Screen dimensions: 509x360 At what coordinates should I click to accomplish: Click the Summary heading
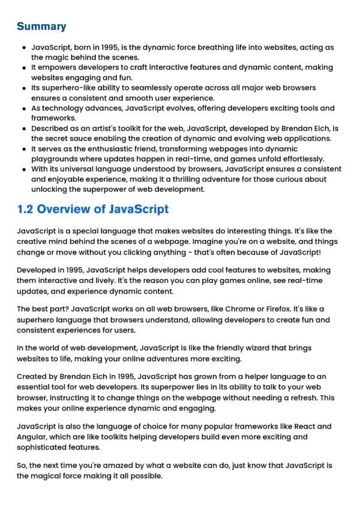point(41,26)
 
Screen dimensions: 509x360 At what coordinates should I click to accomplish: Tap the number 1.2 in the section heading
point(28,209)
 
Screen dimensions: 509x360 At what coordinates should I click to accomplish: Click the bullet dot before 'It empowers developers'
point(23,67)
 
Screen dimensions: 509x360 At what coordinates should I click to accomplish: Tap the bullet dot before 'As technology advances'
point(23,108)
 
